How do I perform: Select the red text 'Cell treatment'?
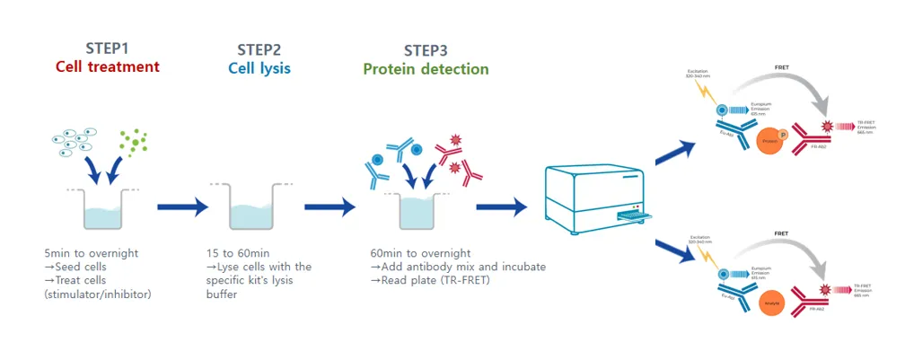(108, 66)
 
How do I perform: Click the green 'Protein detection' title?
(426, 69)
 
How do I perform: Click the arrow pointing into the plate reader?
(501, 207)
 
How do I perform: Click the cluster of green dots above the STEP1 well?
(134, 141)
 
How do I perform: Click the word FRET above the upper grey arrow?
(783, 67)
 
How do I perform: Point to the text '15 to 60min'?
(232, 253)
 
